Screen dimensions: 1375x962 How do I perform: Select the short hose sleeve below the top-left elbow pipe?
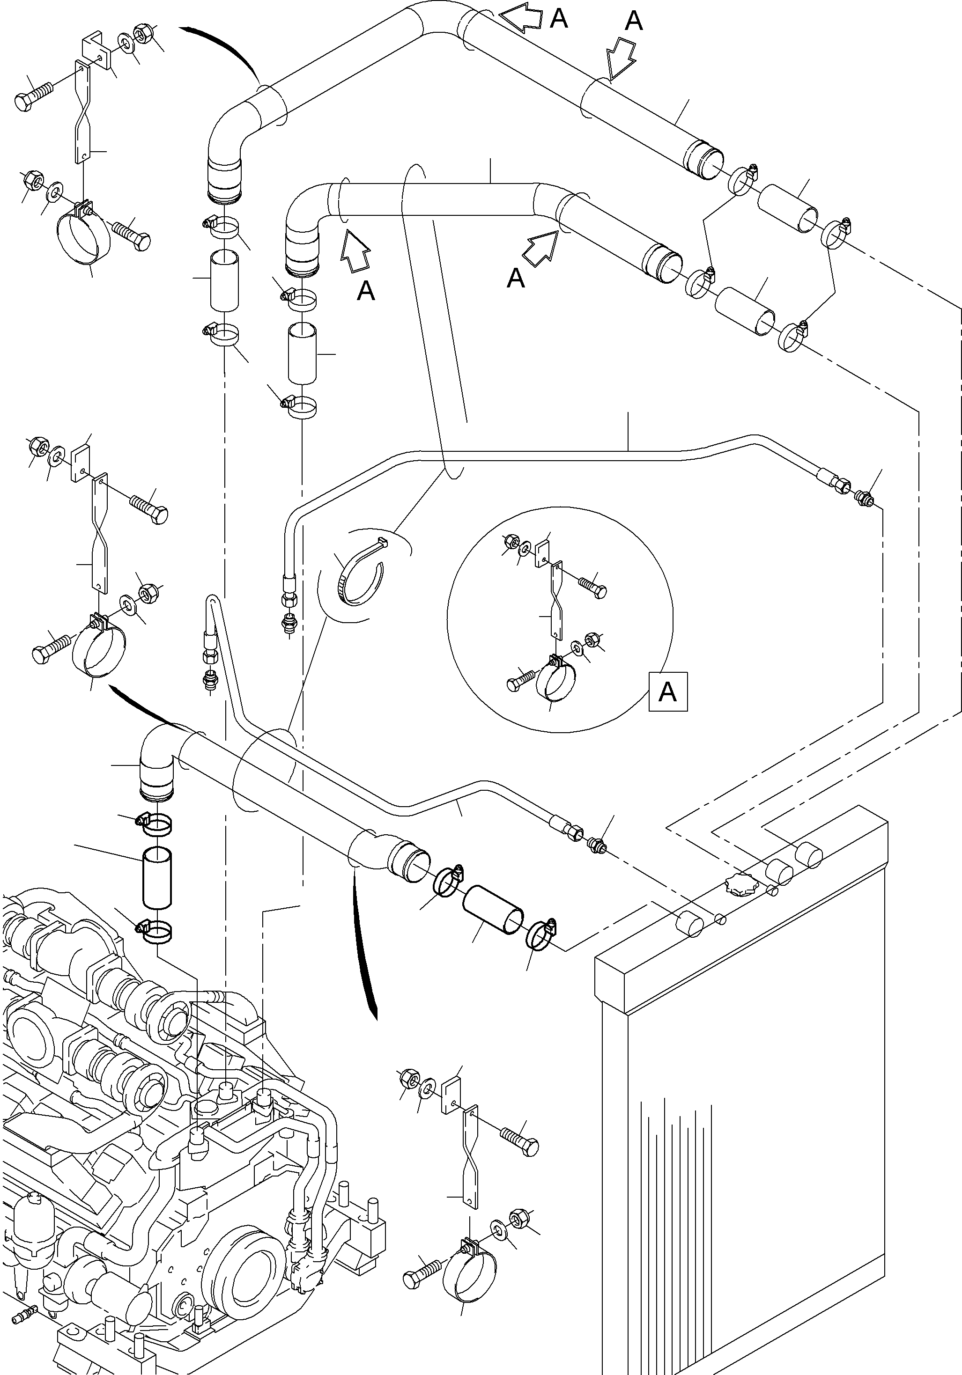pos(224,280)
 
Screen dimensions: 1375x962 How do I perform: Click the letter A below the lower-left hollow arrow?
pos(365,291)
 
